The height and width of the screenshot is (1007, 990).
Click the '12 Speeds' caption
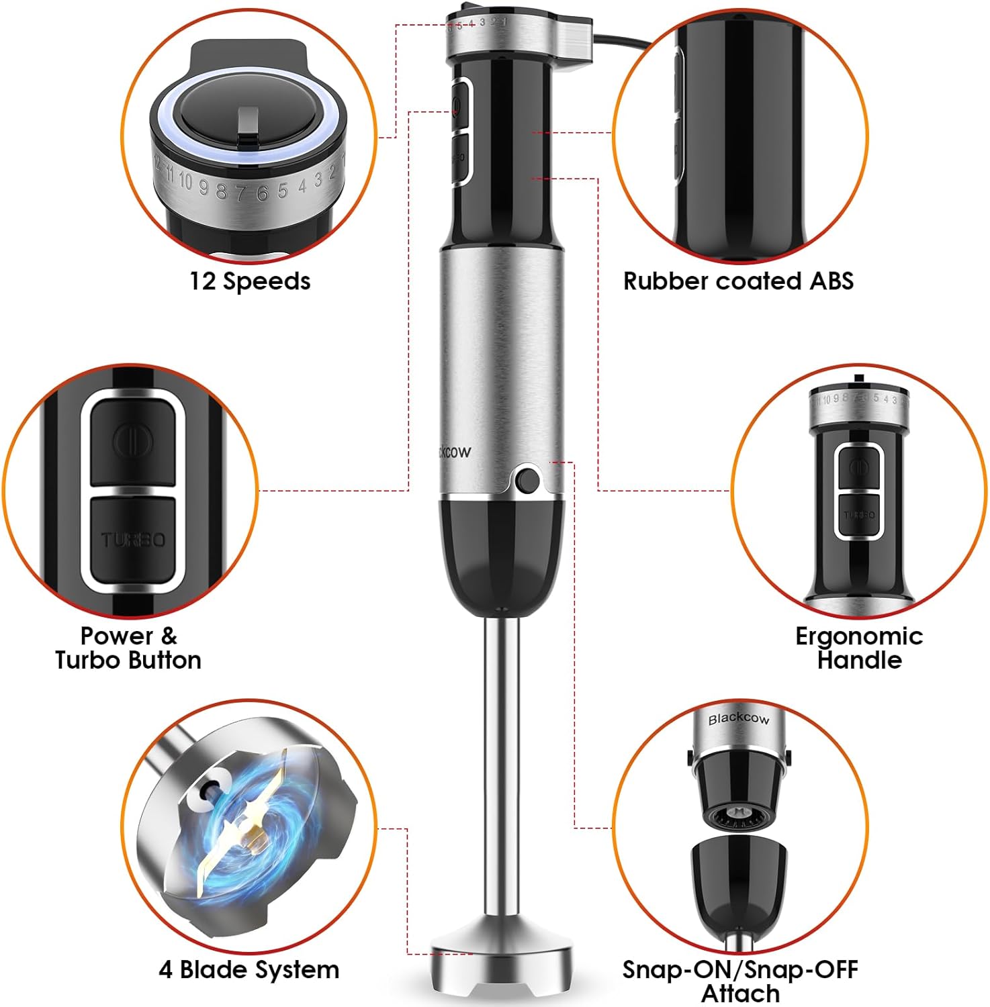click(x=249, y=281)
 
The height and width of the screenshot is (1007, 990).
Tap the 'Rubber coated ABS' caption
click(x=738, y=281)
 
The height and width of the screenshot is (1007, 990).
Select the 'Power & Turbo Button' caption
click(x=128, y=648)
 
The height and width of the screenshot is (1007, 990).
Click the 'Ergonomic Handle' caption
click(x=859, y=648)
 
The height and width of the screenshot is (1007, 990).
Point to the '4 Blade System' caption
click(x=249, y=970)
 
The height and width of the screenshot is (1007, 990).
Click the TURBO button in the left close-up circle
click(x=133, y=539)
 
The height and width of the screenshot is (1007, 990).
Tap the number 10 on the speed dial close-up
click(x=185, y=182)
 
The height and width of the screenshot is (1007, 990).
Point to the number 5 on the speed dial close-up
click(x=283, y=191)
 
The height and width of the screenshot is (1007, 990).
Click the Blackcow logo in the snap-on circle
click(x=739, y=719)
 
